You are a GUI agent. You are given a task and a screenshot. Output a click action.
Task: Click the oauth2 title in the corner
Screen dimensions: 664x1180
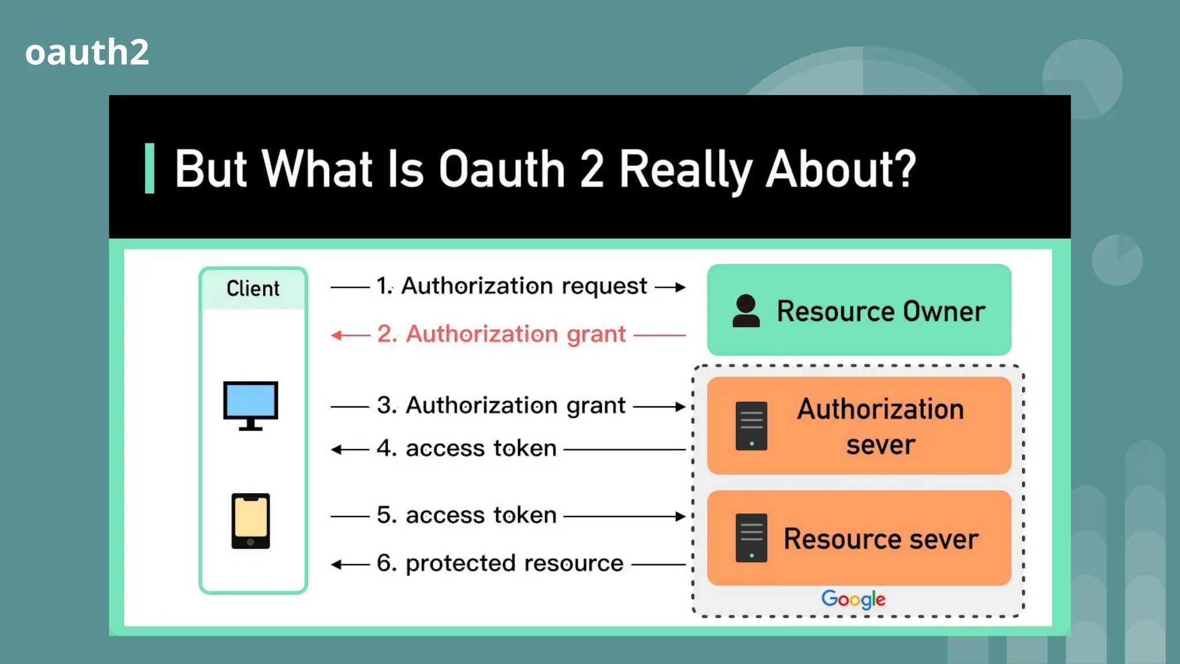coord(87,52)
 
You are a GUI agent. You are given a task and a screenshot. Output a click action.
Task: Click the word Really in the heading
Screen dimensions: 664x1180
coord(686,169)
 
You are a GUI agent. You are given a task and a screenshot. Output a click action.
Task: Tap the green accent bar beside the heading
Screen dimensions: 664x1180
coord(150,168)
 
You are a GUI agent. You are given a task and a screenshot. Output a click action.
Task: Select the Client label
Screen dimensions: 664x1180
coord(253,288)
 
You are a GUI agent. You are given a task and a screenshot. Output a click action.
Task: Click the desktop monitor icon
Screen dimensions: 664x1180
coord(251,405)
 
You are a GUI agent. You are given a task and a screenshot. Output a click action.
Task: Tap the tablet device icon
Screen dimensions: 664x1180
coord(251,520)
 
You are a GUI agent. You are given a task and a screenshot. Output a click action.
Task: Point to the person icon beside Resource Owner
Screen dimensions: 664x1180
coord(746,311)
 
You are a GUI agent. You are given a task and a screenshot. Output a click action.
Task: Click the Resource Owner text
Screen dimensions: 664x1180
coord(881,311)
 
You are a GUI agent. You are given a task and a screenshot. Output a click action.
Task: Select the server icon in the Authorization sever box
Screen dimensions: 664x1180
coord(751,426)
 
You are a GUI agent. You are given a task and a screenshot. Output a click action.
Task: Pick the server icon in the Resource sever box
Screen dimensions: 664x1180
coord(751,538)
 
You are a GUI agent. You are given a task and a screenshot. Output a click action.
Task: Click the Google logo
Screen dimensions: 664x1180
coord(853,599)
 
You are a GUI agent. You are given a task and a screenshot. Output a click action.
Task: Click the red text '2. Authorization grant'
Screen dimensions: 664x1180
coord(501,334)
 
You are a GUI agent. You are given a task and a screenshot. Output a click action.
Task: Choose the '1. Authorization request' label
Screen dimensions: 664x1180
coord(512,286)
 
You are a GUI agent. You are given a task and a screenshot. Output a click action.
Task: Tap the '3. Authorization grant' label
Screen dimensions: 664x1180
coord(501,405)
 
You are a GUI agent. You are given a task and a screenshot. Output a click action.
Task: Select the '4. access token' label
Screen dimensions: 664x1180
coord(467,448)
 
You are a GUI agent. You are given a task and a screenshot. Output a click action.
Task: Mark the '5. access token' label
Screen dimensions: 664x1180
coord(467,515)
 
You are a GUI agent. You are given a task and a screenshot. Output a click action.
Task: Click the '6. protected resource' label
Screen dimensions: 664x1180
coord(500,563)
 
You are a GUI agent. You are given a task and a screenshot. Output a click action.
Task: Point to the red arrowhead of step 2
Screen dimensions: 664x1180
coord(336,335)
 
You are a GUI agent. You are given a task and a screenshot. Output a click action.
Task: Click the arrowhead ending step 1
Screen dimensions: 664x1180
coord(680,287)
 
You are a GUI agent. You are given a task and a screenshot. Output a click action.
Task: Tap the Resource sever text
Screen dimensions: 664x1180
coord(881,539)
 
